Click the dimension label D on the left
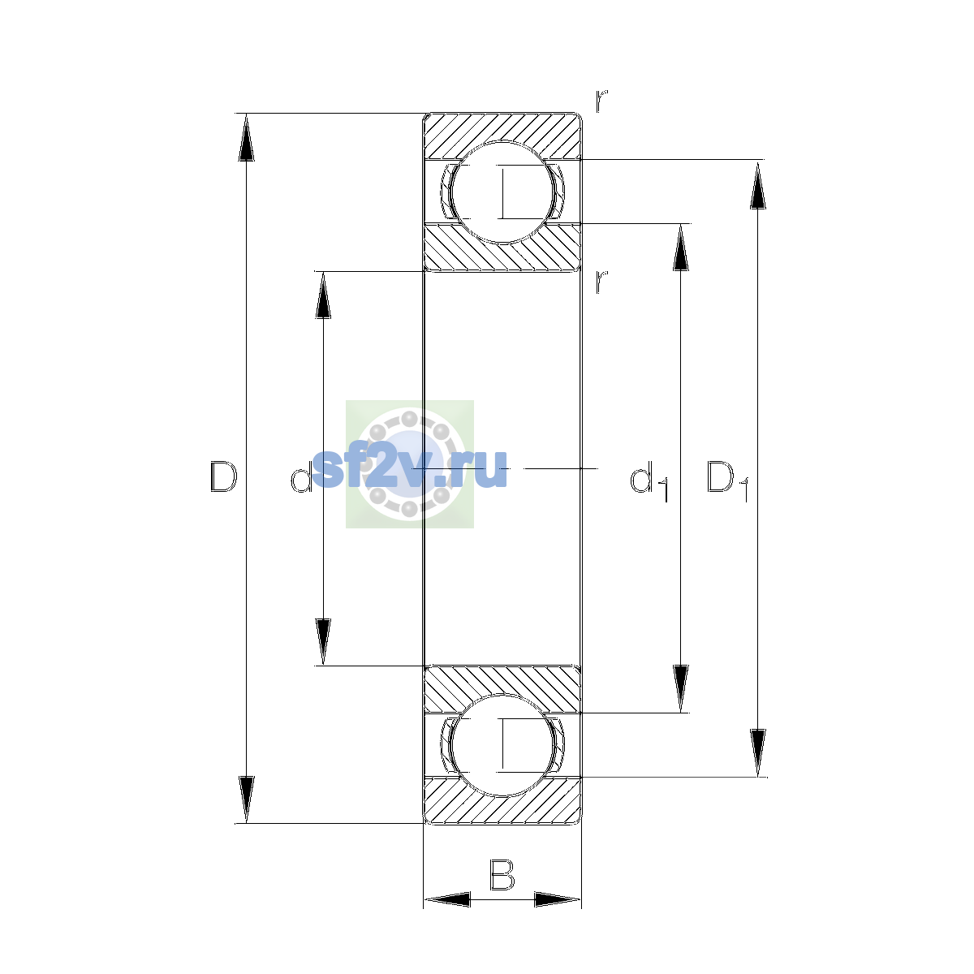click(x=223, y=476)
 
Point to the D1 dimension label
click(x=727, y=481)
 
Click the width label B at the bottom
click(x=502, y=874)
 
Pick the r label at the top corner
click(x=601, y=101)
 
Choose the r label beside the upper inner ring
click(x=601, y=282)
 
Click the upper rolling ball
click(x=503, y=192)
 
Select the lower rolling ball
click(x=503, y=746)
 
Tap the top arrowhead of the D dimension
click(x=246, y=137)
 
